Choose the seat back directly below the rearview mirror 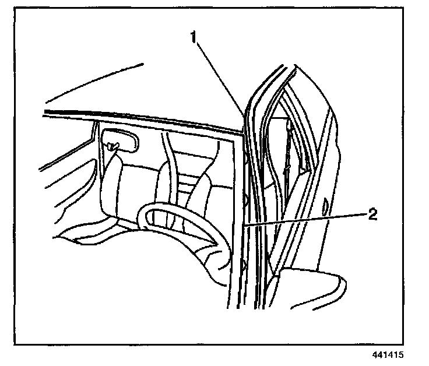pos(111,186)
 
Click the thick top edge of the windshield pos(146,119)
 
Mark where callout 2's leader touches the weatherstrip pos(247,224)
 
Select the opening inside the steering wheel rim pos(175,224)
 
